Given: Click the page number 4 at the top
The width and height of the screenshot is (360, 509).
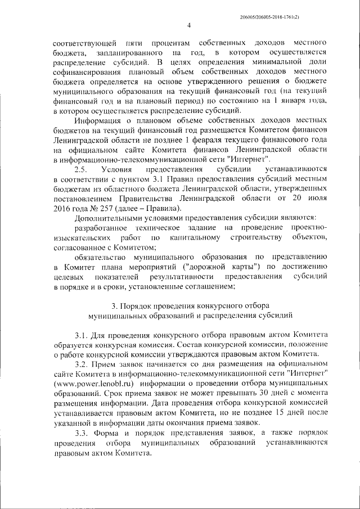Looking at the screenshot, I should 189,25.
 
